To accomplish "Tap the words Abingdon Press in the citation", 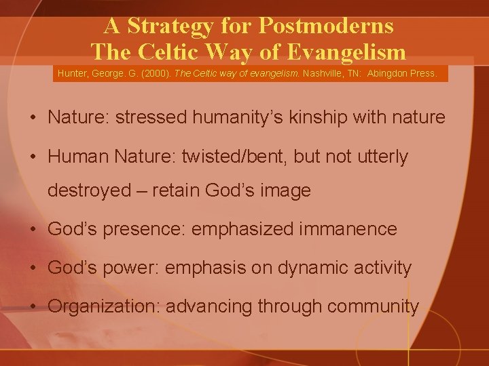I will tap(403, 73).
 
